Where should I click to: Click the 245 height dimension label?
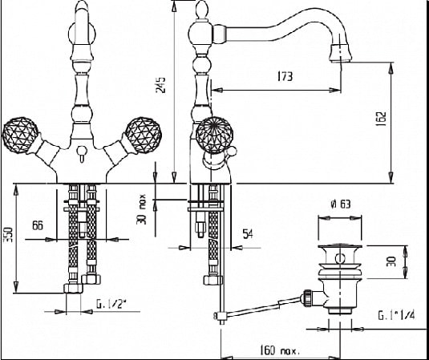(x=160, y=85)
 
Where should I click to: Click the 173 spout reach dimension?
(x=285, y=76)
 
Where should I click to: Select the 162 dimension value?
(x=381, y=118)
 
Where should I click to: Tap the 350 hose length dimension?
(x=8, y=235)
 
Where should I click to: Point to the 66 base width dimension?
(x=38, y=225)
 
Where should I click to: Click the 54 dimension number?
(x=248, y=234)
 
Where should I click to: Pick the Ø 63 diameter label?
(x=341, y=204)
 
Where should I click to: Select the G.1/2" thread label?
(x=111, y=304)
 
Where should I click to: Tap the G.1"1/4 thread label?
(x=396, y=315)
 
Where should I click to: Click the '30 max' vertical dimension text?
(x=142, y=209)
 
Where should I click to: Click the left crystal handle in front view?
(x=20, y=136)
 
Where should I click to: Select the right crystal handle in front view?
(x=144, y=136)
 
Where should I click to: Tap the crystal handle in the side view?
(x=215, y=136)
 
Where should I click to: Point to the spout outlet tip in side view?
(x=340, y=60)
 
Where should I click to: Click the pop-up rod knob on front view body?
(x=82, y=150)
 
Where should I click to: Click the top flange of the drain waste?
(x=339, y=247)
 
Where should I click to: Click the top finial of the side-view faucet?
(x=201, y=10)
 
